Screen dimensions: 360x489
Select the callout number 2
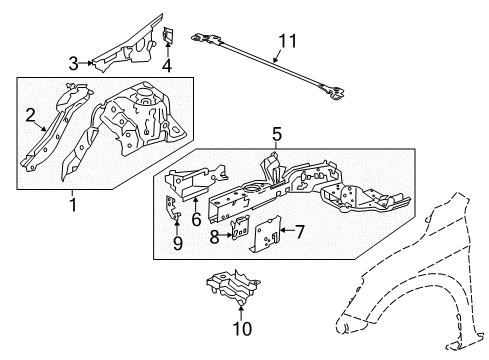coord(31,114)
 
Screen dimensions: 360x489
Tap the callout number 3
coord(73,63)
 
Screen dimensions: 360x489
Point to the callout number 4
coord(167,68)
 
